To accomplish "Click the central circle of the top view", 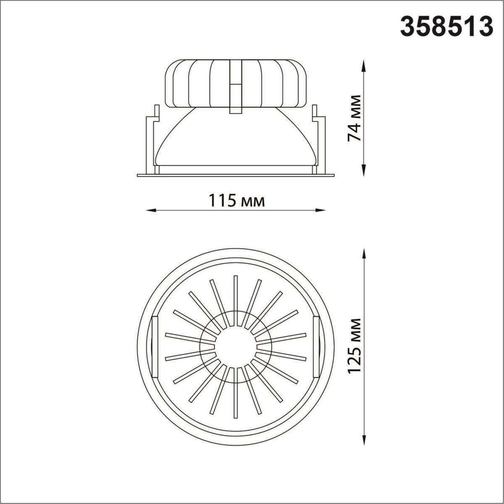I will [236, 347].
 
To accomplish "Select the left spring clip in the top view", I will [154, 346].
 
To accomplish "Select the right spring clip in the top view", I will [316, 346].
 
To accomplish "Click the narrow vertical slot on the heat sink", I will [236, 86].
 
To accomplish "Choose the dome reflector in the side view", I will [236, 139].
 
